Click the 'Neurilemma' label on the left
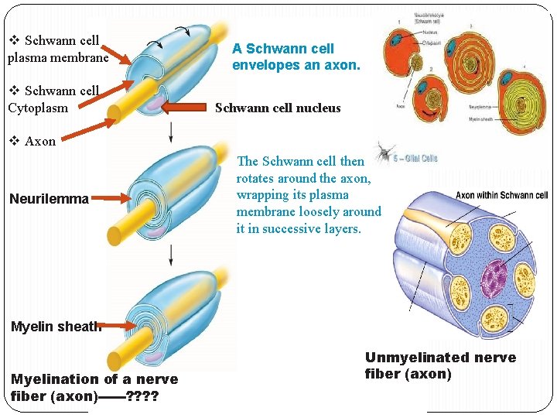coord(49,199)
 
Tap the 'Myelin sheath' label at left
coord(56,327)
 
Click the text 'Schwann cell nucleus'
coord(278,108)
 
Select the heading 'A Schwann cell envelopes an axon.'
coord(296,57)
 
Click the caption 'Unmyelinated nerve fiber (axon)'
coord(440,365)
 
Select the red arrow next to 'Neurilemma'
coord(111,200)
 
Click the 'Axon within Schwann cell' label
coord(501,196)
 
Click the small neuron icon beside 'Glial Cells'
coord(384,152)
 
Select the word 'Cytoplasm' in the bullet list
coord(38,108)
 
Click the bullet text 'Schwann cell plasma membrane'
coord(58,48)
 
